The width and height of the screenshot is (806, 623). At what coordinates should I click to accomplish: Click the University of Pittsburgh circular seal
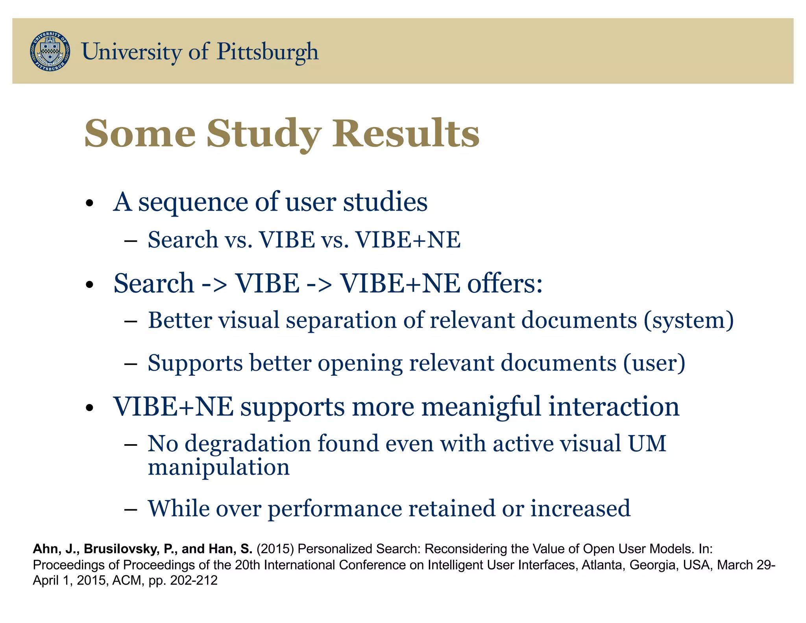pos(50,51)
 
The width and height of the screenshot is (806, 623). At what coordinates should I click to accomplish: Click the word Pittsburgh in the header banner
pos(267,52)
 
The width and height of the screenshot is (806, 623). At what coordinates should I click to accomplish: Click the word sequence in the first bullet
pos(193,202)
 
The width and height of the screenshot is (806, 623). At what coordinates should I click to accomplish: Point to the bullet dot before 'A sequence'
pos(90,204)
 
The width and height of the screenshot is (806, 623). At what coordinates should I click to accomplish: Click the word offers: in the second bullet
pos(505,283)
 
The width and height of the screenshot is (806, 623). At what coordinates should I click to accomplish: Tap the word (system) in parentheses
pos(689,320)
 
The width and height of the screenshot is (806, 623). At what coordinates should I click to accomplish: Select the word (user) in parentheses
pos(654,363)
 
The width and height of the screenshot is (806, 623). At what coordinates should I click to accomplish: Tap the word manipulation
pos(218,468)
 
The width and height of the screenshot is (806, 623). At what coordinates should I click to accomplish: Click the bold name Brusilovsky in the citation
pos(122,549)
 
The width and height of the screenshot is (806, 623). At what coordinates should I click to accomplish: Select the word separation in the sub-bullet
pos(341,320)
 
